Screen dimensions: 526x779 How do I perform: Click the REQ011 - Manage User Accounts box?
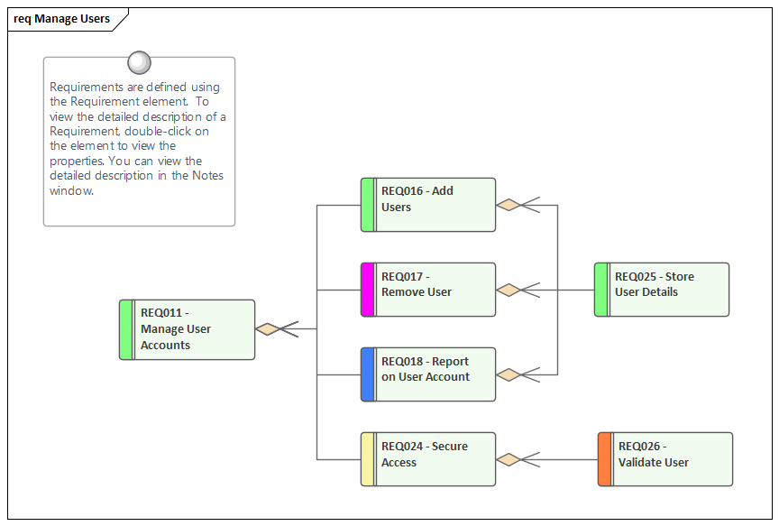(x=193, y=329)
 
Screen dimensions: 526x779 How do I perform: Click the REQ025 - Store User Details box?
(x=668, y=290)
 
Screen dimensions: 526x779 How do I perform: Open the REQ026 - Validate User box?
(x=672, y=459)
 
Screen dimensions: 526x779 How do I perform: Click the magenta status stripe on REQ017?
(x=367, y=290)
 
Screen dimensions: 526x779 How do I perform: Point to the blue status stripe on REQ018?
(x=367, y=374)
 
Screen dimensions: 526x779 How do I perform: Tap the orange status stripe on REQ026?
(x=604, y=459)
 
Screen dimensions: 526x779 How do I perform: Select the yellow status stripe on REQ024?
(x=367, y=459)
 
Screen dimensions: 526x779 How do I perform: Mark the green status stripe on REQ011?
(x=126, y=329)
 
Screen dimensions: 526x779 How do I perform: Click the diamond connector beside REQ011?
(x=268, y=329)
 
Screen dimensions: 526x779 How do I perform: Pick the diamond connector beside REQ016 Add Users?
(x=509, y=205)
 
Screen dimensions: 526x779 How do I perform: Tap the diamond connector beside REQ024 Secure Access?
(x=509, y=459)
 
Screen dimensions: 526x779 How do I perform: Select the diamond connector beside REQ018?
(x=509, y=374)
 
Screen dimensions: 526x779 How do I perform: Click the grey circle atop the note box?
(x=139, y=62)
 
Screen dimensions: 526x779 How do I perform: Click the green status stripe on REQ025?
(x=600, y=290)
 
